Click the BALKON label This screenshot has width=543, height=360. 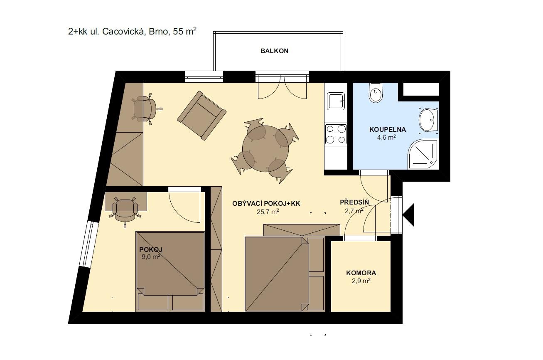[x=275, y=51]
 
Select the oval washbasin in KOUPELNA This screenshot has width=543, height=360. [x=428, y=120]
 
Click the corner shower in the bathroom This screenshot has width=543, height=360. [x=423, y=154]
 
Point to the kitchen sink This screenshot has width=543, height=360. [x=336, y=101]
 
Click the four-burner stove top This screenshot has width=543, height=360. [x=336, y=134]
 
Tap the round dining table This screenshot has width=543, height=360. [x=265, y=149]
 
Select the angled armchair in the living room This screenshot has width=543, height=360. [x=201, y=116]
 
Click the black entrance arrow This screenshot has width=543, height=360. [x=408, y=215]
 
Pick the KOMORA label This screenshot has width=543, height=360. [x=361, y=273]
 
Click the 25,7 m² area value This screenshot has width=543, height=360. [x=268, y=212]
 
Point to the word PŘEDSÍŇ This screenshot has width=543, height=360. [x=354, y=202]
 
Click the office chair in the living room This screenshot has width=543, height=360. [x=145, y=109]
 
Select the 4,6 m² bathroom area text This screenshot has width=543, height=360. [x=386, y=137]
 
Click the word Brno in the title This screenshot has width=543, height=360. [x=158, y=32]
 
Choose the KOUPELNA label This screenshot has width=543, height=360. [x=388, y=130]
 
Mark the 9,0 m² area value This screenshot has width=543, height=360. [x=151, y=256]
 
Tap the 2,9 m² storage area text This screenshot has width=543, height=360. [x=361, y=281]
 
